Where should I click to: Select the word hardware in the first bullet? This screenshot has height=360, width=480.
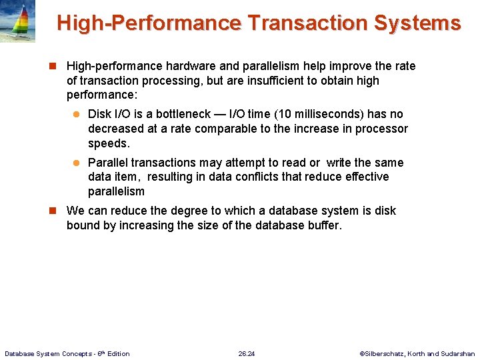pyautogui.click(x=189, y=66)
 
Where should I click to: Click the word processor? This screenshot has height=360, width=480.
pyautogui.click(x=381, y=129)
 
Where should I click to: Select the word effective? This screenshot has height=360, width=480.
pyautogui.click(x=367, y=177)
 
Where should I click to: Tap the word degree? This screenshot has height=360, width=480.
pyautogui.click(x=189, y=211)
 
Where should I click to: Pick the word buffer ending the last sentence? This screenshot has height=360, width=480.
pyautogui.click(x=323, y=225)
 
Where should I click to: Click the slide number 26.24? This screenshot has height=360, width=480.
pyautogui.click(x=247, y=353)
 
